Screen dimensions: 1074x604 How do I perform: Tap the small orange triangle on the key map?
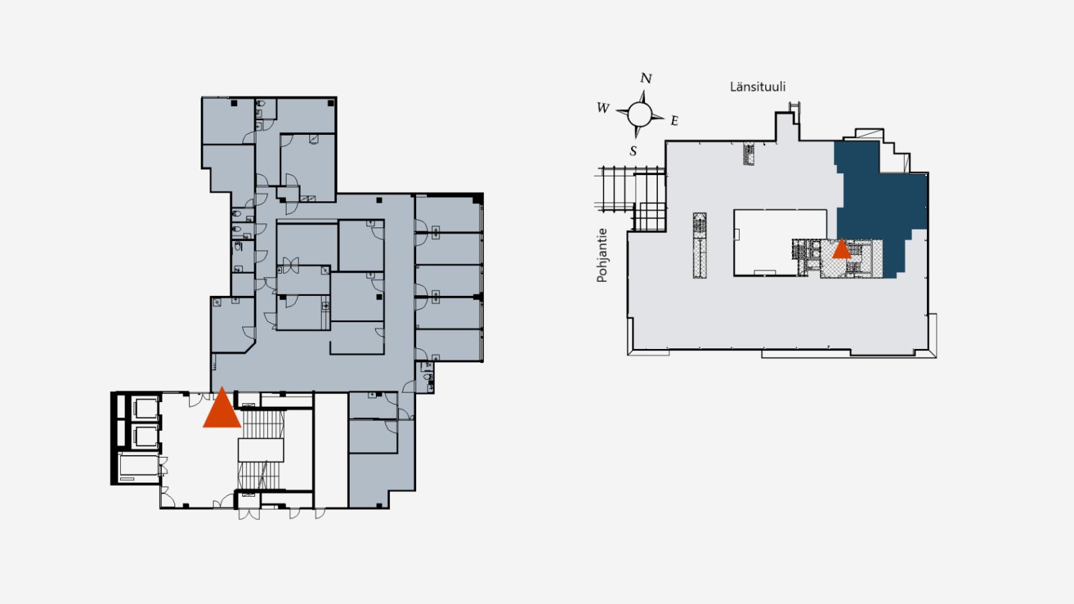tap(841, 250)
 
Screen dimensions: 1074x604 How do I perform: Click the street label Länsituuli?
tap(758, 87)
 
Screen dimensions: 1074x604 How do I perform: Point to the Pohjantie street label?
tap(601, 255)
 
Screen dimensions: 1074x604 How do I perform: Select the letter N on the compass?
tap(646, 78)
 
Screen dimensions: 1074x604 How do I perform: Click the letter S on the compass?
tap(633, 151)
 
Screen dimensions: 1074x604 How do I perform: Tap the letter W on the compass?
tap(603, 108)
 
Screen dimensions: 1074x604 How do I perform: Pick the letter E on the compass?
tap(674, 121)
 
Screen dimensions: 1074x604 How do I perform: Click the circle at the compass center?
tap(640, 114)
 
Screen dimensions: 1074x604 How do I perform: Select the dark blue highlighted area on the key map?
tap(880, 201)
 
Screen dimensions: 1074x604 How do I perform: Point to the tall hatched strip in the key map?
tap(699, 246)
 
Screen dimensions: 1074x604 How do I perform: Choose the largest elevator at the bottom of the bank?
tap(138, 468)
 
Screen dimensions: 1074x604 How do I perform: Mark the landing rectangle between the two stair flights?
tap(261, 450)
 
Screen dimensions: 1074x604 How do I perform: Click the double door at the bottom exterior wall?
tap(249, 514)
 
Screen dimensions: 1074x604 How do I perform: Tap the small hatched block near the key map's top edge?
tap(748, 153)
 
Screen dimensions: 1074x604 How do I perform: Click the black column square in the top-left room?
tap(234, 103)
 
